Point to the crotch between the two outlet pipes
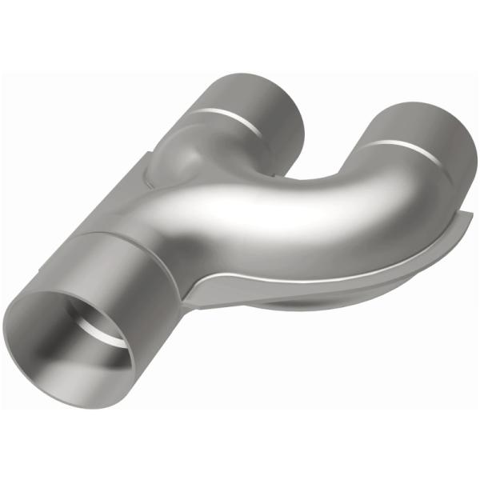pyautogui.click(x=296, y=172)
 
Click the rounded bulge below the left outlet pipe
pyautogui.click(x=176, y=156)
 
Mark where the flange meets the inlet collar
pyautogui.click(x=187, y=296)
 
